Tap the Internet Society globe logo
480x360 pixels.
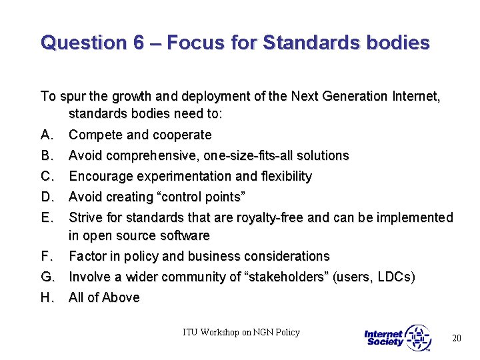[418, 338]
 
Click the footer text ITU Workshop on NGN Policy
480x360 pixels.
[241, 332]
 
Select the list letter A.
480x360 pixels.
[47, 135]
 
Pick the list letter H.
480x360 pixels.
[47, 297]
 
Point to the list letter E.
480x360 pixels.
[47, 217]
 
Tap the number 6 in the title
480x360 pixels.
[138, 43]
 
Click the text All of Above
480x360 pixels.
[104, 297]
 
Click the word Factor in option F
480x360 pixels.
[87, 256]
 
